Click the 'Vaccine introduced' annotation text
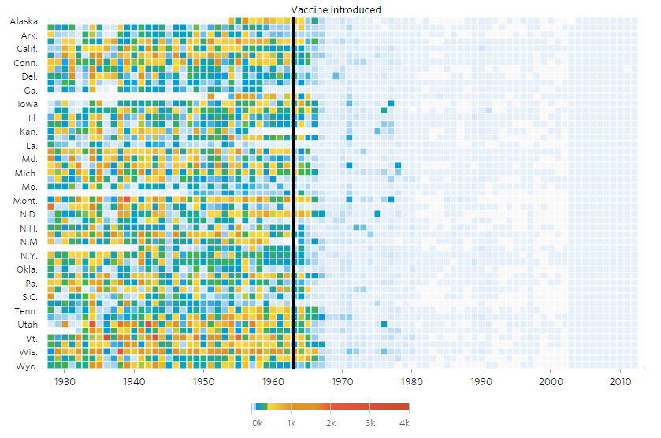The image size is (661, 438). pos(336,9)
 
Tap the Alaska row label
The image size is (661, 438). pos(24,22)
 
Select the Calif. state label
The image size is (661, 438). pos(27,49)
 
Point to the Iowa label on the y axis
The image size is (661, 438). pos(27,104)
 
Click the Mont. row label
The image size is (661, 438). pos(25,201)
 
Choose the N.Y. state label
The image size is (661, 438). pos(28,256)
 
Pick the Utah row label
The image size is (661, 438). pos(27,325)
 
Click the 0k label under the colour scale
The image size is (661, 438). pos(257,423)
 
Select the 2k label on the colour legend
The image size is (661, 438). pos(331,423)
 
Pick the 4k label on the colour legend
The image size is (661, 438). pos(404,423)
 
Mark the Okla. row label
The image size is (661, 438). pos(25,269)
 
